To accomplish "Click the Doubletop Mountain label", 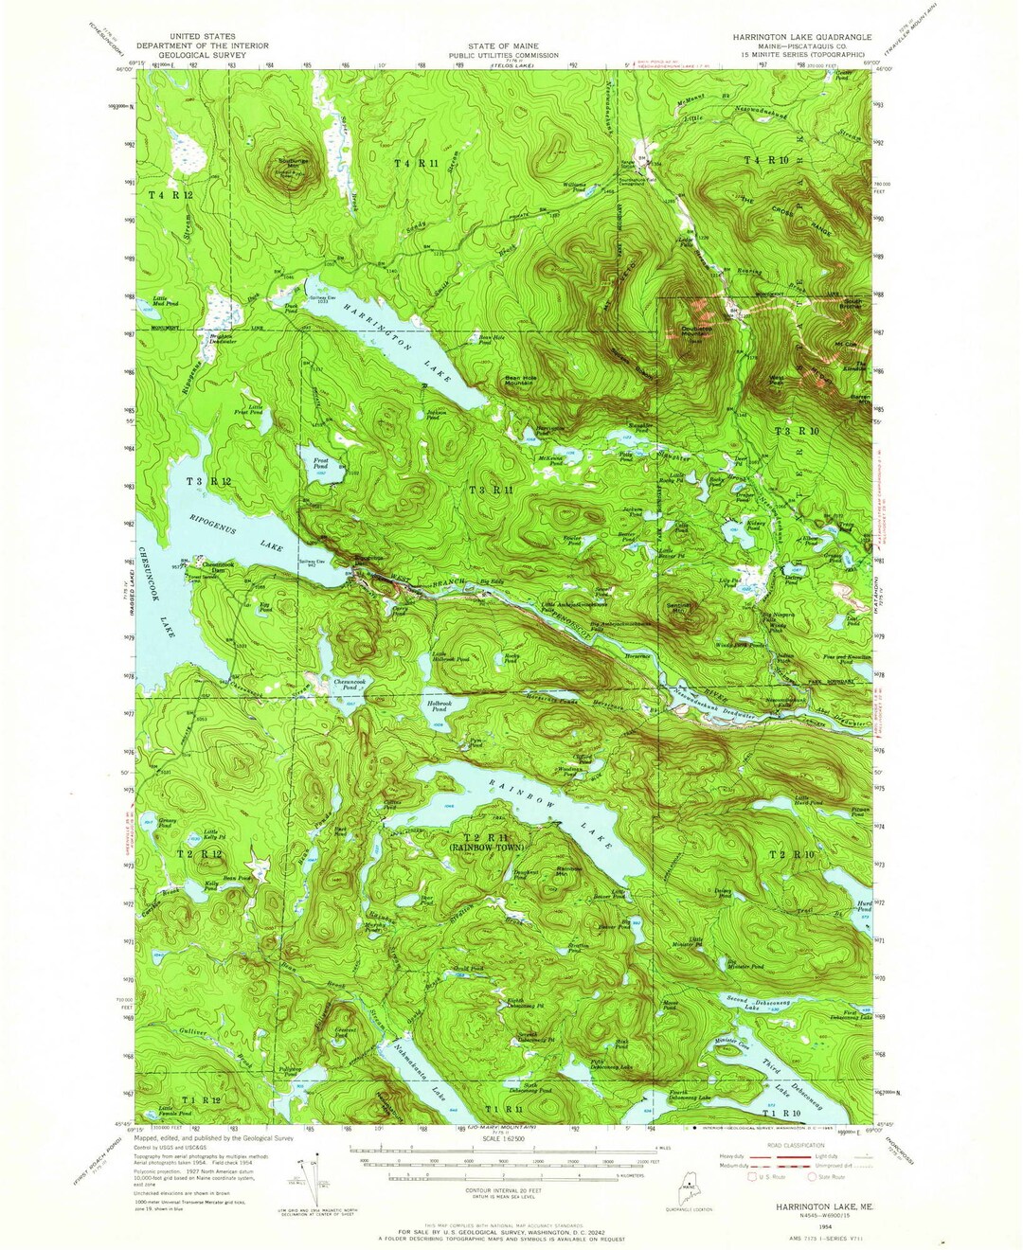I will [x=695, y=331].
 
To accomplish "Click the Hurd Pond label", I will [x=863, y=906].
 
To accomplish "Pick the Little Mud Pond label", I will [x=167, y=301].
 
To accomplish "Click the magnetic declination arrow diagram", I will [x=308, y=1174].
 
